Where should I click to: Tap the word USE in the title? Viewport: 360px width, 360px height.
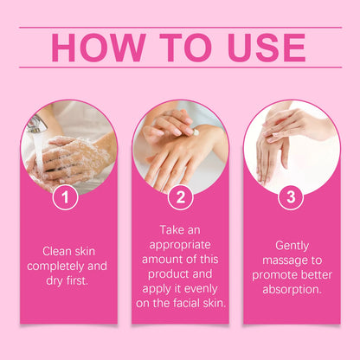pyautogui.click(x=267, y=48)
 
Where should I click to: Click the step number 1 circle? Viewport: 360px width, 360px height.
pyautogui.click(x=66, y=197)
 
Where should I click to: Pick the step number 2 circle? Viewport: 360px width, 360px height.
pyautogui.click(x=181, y=197)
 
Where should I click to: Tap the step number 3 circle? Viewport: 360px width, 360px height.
pyautogui.click(x=291, y=197)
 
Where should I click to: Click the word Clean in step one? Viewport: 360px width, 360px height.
pyautogui.click(x=56, y=251)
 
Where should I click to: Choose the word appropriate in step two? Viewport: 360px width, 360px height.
pyautogui.click(x=180, y=245)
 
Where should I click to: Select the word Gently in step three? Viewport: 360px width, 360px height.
pyautogui.click(x=292, y=246)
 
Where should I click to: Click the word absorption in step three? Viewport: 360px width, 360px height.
pyautogui.click(x=292, y=290)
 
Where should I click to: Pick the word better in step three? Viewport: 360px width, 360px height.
pyautogui.click(x=317, y=275)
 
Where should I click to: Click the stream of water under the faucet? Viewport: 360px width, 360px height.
pyautogui.click(x=38, y=153)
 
